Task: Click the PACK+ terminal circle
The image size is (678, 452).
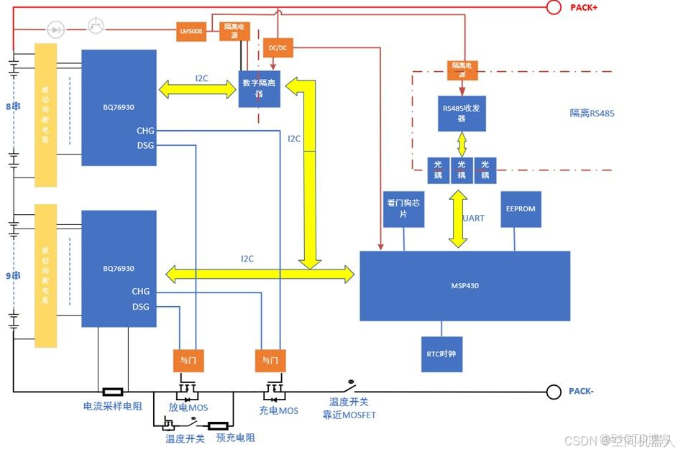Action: point(554,7)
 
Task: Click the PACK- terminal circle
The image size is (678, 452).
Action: point(554,392)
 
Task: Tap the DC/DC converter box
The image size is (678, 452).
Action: point(278,47)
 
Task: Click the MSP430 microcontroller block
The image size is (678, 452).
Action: point(464,285)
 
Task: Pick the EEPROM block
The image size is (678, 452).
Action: point(521,209)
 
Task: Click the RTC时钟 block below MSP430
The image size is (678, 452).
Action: point(441,354)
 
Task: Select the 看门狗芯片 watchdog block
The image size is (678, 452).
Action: point(403,209)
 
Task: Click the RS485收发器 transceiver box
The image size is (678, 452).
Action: point(462,114)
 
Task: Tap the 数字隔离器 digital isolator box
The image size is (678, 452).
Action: point(259,88)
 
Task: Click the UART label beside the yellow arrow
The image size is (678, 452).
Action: point(474,218)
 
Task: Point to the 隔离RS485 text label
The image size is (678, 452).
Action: point(592,113)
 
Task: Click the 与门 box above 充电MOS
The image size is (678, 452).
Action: point(270,359)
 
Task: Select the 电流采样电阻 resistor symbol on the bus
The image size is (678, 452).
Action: point(112,392)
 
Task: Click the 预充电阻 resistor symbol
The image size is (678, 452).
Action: point(218,425)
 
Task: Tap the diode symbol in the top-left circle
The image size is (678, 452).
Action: point(56,29)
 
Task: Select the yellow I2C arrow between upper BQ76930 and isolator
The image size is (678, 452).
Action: point(197,88)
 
